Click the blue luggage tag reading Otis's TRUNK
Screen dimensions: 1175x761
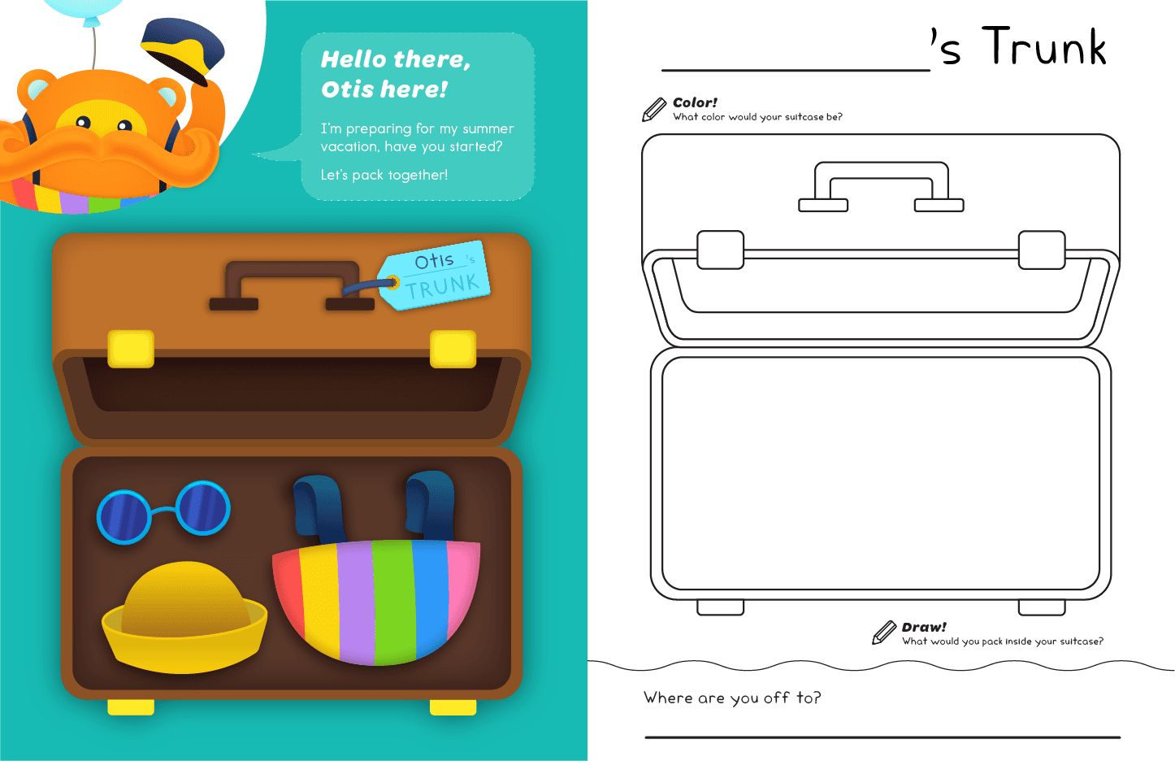click(x=435, y=276)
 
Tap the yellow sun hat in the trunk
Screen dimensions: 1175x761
click(x=184, y=617)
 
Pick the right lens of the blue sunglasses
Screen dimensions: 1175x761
click(x=203, y=508)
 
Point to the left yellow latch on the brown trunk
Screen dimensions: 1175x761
click(x=131, y=349)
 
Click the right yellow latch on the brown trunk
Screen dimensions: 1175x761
click(x=453, y=349)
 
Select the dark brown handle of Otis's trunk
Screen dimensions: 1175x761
click(x=292, y=286)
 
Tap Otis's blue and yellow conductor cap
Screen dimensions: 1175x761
click(x=183, y=50)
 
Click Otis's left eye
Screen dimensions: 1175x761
click(x=84, y=123)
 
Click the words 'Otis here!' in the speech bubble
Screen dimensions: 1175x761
click(x=384, y=89)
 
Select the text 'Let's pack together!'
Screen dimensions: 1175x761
click(x=384, y=175)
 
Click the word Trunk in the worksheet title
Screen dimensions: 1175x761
click(x=1044, y=46)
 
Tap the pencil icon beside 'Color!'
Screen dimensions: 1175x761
click(x=653, y=109)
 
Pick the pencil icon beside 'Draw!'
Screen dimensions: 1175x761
click(x=884, y=633)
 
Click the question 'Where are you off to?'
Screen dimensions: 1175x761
click(x=732, y=698)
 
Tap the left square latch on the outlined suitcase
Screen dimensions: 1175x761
click(x=720, y=250)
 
